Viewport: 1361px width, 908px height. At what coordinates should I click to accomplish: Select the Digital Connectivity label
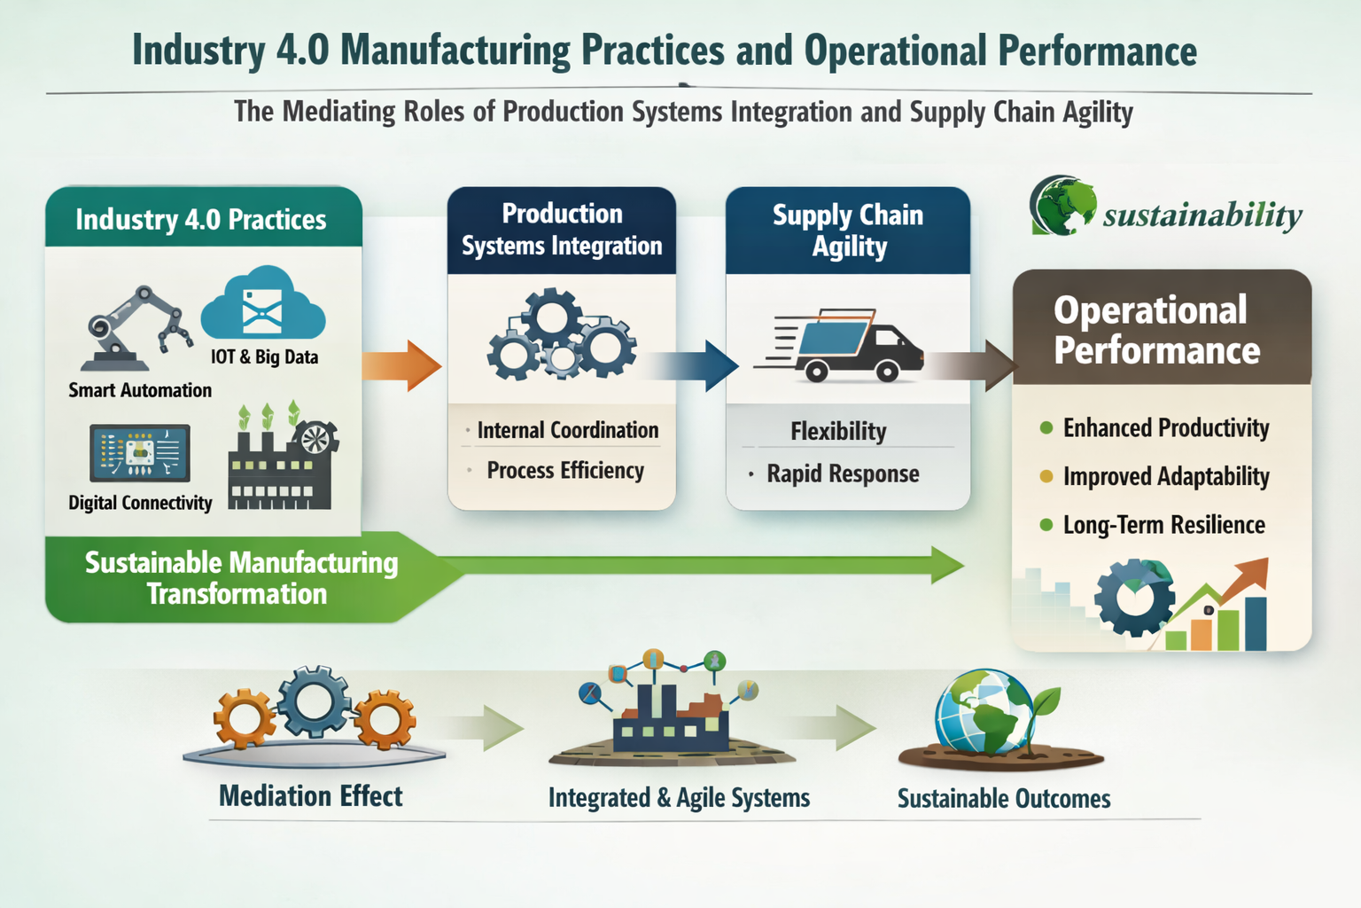(140, 503)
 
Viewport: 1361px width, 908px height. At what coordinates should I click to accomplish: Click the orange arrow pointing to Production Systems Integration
(403, 364)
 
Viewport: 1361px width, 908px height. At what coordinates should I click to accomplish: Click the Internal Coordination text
(567, 430)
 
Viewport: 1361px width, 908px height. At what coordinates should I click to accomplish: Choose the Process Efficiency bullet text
(565, 470)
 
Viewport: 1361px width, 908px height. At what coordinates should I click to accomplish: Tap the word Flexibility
(838, 431)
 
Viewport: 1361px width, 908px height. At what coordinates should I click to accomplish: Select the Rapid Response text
(843, 474)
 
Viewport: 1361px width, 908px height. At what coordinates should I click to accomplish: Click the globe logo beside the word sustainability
(1061, 206)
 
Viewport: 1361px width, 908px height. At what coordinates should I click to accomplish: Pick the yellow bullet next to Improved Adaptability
(1046, 476)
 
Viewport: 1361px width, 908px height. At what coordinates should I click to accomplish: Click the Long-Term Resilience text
(1163, 525)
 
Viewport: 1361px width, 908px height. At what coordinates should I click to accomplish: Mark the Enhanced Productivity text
(1166, 428)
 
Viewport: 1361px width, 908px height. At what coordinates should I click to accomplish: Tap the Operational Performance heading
(1156, 330)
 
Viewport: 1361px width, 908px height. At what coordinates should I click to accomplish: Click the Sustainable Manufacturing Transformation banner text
(240, 578)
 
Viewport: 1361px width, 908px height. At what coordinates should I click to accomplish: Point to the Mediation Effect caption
(310, 796)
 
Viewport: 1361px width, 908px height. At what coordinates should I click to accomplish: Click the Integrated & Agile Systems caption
(679, 798)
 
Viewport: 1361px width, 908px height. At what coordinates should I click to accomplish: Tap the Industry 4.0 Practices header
(201, 219)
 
